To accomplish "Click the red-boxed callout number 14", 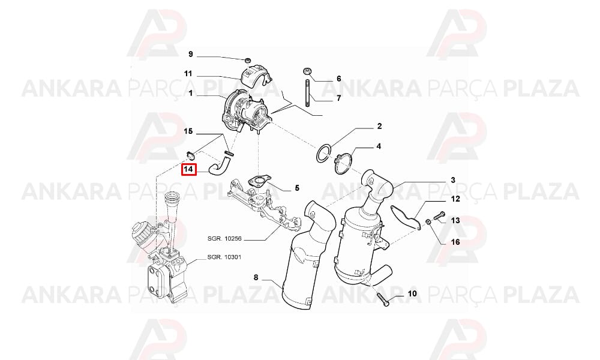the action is point(188,169).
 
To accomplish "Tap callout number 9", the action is point(191,54).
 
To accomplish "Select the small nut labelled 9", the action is point(248,60).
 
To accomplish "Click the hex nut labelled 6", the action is point(307,71).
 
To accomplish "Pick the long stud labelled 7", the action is point(307,94).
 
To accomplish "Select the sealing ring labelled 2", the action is point(324,153).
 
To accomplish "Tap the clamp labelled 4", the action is point(343,163).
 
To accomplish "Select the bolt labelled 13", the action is point(440,216).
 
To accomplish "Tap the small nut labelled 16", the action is point(428,221).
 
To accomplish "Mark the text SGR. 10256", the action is point(224,238).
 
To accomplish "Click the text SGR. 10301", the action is point(224,257).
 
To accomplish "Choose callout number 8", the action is point(256,277).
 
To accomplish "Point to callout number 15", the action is point(188,131).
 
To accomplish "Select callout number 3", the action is point(453,180).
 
